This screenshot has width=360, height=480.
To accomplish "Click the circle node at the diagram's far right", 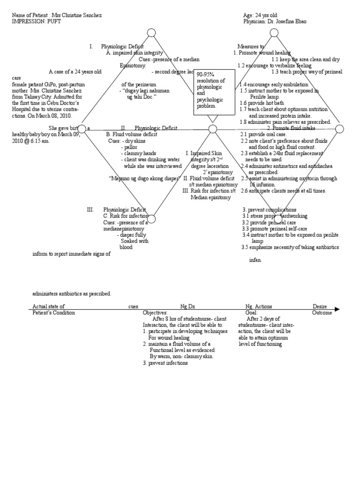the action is [339, 129].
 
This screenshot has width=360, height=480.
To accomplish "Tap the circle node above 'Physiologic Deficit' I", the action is [151, 32].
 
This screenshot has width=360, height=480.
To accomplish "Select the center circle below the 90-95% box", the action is [212, 129].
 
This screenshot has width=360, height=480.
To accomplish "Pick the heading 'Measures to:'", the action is [251, 47].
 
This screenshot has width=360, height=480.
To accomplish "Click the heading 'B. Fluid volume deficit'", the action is [132, 134].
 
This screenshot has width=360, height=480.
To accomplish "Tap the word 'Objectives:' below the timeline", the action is [155, 313].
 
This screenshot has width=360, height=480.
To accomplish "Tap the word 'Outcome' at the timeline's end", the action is [322, 313].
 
